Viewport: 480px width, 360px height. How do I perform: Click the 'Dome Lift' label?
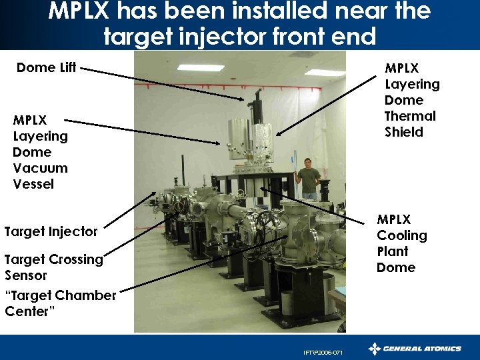pyautogui.click(x=46, y=67)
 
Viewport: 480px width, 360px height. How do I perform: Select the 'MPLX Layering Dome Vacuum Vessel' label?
pyautogui.click(x=40, y=152)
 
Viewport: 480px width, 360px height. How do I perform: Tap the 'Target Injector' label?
pyautogui.click(x=51, y=232)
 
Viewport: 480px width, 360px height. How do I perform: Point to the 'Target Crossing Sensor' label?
pyautogui.click(x=53, y=267)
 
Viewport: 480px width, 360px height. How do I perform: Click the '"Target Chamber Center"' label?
pyautogui.click(x=60, y=303)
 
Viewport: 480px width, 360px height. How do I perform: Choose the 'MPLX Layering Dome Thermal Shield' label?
pyautogui.click(x=411, y=100)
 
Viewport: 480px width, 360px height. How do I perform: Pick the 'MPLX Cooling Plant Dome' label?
pyautogui.click(x=402, y=243)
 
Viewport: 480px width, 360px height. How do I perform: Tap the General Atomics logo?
pyautogui.click(x=415, y=348)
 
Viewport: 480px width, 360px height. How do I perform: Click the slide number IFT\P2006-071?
pyautogui.click(x=323, y=353)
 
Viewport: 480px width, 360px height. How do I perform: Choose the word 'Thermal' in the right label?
pyautogui.click(x=410, y=116)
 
